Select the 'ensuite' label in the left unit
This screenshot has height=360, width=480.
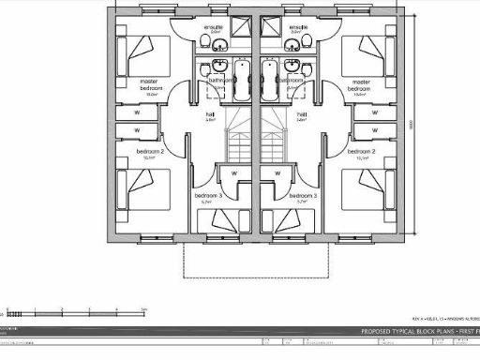click(216, 28)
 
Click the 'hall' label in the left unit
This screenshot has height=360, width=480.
click(210, 115)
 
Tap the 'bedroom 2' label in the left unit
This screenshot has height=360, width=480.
click(151, 152)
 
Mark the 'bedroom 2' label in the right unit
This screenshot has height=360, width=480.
click(361, 152)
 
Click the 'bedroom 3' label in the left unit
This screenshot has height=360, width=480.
click(206, 197)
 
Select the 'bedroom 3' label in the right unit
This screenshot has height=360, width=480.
click(304, 197)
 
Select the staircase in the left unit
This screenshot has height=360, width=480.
click(238, 145)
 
